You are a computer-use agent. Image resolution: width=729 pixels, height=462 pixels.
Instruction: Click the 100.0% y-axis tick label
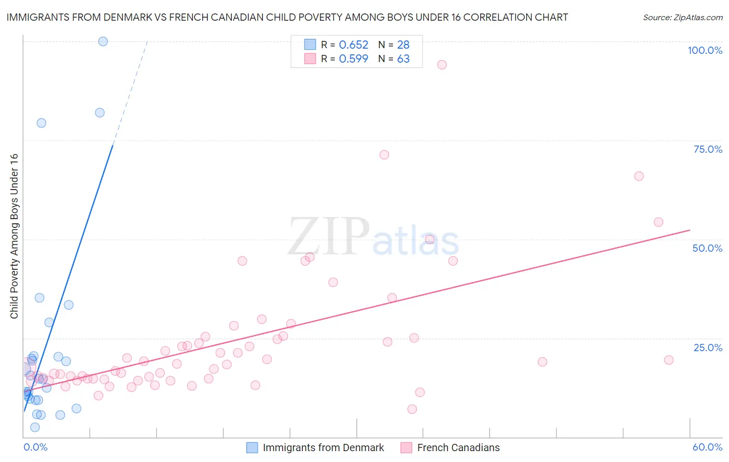705,50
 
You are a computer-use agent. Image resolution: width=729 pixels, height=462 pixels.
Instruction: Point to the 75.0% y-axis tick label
708,149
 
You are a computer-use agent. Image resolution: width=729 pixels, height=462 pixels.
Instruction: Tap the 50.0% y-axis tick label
707,248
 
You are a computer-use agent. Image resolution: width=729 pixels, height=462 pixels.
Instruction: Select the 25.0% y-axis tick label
708,348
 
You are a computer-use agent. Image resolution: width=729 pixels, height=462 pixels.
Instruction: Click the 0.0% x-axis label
35,447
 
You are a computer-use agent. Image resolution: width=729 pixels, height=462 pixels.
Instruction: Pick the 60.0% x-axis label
707,447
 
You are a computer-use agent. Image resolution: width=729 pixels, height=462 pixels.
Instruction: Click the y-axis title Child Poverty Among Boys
14,236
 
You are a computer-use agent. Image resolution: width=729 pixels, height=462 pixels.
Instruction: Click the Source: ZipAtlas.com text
682,17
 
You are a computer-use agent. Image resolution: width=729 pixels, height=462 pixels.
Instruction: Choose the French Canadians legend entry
458,447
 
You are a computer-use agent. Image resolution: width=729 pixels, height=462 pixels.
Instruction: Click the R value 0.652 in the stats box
354,45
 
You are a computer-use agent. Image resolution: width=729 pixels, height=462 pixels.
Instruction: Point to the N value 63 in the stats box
403,59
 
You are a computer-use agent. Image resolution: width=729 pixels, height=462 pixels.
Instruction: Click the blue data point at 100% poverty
103,41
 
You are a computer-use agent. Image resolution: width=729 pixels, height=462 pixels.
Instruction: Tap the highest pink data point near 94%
442,65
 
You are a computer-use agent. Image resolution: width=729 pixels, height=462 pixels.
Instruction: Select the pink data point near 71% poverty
384,155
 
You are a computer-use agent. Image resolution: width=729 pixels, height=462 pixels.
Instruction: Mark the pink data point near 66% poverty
639,176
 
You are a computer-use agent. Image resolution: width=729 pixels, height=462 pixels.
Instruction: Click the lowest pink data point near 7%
412,409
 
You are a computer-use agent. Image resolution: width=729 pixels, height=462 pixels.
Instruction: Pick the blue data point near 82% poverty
100,113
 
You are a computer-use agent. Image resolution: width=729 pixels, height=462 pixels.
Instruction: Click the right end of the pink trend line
690,229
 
